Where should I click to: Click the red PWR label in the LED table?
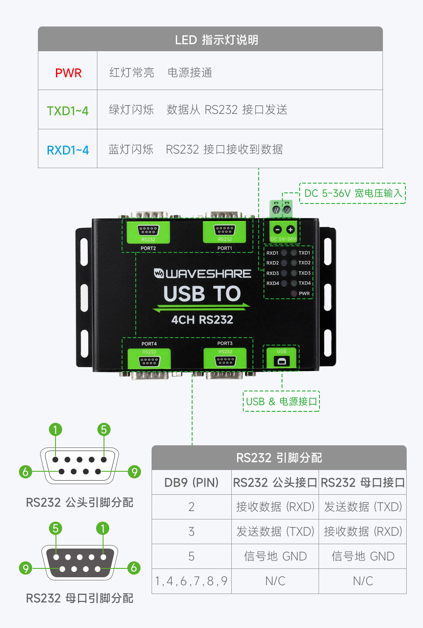click(68, 73)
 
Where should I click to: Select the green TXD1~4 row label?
click(67, 111)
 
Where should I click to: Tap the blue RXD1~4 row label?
click(67, 150)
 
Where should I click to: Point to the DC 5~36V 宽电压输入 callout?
click(352, 193)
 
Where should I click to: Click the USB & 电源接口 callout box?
click(281, 401)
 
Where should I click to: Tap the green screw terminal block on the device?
click(281, 208)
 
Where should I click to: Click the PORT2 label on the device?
click(148, 248)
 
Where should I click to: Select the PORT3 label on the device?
click(225, 343)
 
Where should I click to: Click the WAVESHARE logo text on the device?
click(203, 274)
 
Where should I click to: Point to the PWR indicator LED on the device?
click(294, 293)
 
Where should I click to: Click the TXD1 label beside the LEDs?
click(304, 253)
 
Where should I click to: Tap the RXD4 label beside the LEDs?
click(272, 283)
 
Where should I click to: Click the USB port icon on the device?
click(282, 361)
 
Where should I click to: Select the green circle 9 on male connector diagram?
click(134, 472)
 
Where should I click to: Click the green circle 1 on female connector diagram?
click(103, 528)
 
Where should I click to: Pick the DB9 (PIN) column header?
click(191, 482)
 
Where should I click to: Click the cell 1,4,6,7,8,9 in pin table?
click(191, 581)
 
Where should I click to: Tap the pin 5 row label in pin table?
click(191, 557)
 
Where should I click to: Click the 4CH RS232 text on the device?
click(202, 320)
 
